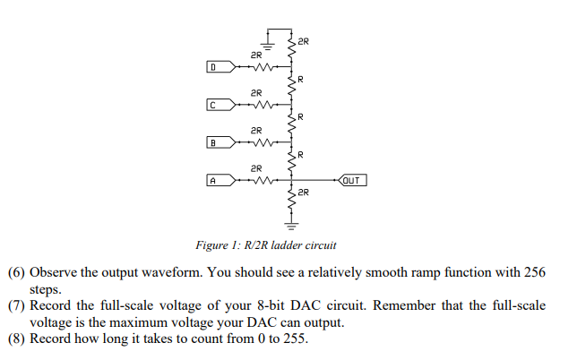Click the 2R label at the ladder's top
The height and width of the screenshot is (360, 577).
pyautogui.click(x=304, y=41)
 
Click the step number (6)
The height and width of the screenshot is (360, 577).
pyautogui.click(x=15, y=271)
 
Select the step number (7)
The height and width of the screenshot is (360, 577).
pyautogui.click(x=15, y=305)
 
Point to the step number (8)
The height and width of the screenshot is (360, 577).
pyautogui.click(x=15, y=339)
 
